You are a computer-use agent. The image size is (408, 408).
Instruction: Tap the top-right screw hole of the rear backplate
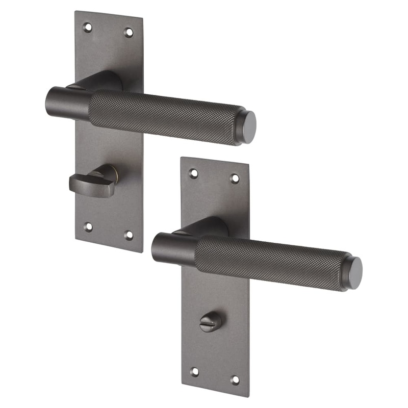coord(129,32)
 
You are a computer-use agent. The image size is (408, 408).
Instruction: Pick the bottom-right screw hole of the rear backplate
coord(129,235)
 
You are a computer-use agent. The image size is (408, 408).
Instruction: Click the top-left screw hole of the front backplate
coord(193,173)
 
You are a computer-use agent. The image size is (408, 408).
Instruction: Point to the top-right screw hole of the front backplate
coord(235,178)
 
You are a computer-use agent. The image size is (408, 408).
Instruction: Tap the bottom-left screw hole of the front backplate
coord(194,372)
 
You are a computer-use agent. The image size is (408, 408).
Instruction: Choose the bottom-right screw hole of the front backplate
coord(235,380)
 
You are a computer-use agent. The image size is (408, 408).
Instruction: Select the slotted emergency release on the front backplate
coord(211,322)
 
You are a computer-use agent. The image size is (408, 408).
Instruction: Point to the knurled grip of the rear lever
coord(163,117)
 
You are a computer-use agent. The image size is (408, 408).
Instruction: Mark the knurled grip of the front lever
coord(270,263)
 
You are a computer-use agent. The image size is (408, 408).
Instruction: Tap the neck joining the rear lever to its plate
coord(102,82)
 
